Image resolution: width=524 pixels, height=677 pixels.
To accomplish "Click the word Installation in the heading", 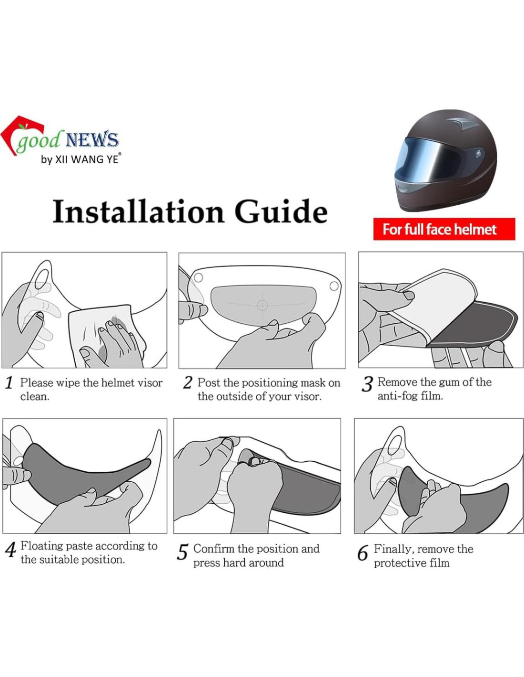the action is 139,211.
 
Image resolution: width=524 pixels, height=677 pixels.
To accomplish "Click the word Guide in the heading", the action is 281,211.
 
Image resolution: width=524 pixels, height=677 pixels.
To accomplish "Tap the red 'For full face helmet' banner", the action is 444,229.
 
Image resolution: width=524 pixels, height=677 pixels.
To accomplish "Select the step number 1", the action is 10,383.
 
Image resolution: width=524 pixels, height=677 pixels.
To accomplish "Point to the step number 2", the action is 187,383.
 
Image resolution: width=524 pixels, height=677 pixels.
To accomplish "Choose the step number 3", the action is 367,384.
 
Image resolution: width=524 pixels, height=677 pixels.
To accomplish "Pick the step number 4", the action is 10,549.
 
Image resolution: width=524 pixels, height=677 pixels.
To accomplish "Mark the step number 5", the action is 182,552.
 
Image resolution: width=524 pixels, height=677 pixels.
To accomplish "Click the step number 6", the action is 363,553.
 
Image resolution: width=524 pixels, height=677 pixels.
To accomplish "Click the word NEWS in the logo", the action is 92,139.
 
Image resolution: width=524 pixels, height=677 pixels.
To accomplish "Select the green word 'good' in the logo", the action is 38,141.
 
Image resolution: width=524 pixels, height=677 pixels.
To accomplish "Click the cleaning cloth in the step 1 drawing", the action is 103,335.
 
